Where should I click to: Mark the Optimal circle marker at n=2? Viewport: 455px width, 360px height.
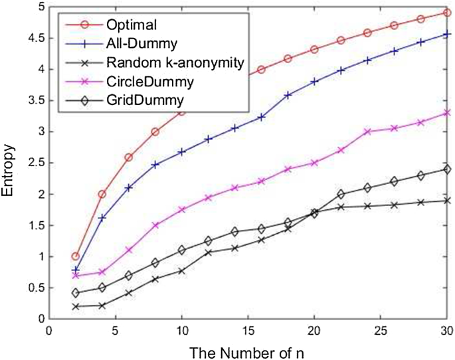(75, 256)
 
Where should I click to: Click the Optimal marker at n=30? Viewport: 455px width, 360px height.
(447, 13)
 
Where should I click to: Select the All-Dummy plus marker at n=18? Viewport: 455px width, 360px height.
(288, 95)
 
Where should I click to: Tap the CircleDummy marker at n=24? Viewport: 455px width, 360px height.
(367, 132)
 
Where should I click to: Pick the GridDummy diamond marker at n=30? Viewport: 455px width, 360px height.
(447, 169)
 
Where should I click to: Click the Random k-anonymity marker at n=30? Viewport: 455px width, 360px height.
(447, 200)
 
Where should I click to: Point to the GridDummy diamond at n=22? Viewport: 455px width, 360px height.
(341, 194)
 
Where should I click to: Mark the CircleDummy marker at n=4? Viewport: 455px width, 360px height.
(102, 272)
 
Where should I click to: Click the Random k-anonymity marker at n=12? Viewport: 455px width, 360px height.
(208, 252)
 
